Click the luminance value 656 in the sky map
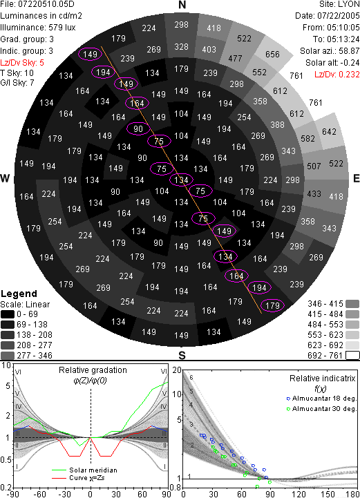click(x=272, y=55)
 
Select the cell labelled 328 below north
click(x=182, y=47)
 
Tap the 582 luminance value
click(x=307, y=138)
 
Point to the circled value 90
click(x=138, y=129)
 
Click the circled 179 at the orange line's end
click(x=272, y=305)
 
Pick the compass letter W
click(x=5, y=178)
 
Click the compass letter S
click(x=182, y=355)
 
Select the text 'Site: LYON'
click(x=339, y=4)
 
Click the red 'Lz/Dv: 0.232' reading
click(x=337, y=75)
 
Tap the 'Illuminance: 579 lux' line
click(x=38, y=28)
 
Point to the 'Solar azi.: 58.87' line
click(x=330, y=51)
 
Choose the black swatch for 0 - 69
click(x=8, y=314)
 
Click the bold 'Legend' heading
click(x=19, y=294)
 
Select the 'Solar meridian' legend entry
click(x=84, y=470)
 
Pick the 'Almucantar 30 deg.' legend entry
click(x=321, y=409)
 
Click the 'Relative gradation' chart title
click(x=93, y=370)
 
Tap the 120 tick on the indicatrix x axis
click(x=299, y=494)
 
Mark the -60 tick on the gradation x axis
click(x=39, y=494)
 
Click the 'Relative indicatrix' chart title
click(x=322, y=379)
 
